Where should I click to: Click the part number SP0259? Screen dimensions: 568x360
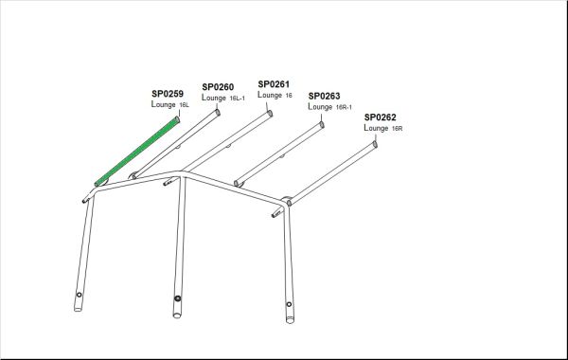coord(168,94)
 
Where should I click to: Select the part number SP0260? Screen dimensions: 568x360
coord(218,87)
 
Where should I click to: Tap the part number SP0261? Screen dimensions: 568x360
coord(274,84)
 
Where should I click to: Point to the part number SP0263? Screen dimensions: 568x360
coord(324,96)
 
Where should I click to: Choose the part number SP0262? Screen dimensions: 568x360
coord(380,117)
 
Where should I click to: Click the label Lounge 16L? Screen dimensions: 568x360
coord(169,104)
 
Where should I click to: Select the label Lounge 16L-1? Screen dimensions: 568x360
coord(223,98)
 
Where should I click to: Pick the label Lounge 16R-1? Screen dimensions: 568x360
coord(329,107)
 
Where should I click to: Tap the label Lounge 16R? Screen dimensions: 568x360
coord(382,128)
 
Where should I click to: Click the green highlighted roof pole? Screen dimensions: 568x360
coord(137,152)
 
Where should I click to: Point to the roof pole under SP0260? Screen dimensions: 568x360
coord(176,144)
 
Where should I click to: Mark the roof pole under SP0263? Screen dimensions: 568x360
coord(279,154)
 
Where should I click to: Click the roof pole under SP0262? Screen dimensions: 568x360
coord(331,174)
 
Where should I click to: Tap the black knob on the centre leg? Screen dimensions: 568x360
coord(177,298)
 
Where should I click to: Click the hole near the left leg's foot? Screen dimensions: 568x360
coord(79,295)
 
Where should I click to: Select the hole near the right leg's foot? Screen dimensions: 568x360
coord(289,304)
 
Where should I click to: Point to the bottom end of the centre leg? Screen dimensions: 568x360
coord(177,315)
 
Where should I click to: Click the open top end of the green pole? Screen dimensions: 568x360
coord(178,119)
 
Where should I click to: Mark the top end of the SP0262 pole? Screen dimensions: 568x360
coord(375,144)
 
